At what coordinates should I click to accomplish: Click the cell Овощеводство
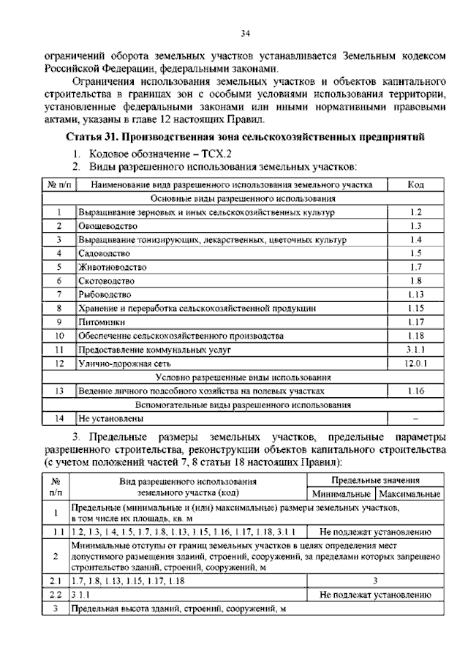pos(108,226)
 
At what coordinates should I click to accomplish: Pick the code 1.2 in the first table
pos(415,212)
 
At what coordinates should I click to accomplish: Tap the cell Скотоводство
pos(107,281)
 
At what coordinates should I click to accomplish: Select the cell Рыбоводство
pos(105,295)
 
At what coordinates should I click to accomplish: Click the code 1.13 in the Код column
pos(415,295)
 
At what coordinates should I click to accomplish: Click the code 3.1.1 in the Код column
pos(415,350)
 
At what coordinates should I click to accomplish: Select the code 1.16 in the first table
pos(415,391)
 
